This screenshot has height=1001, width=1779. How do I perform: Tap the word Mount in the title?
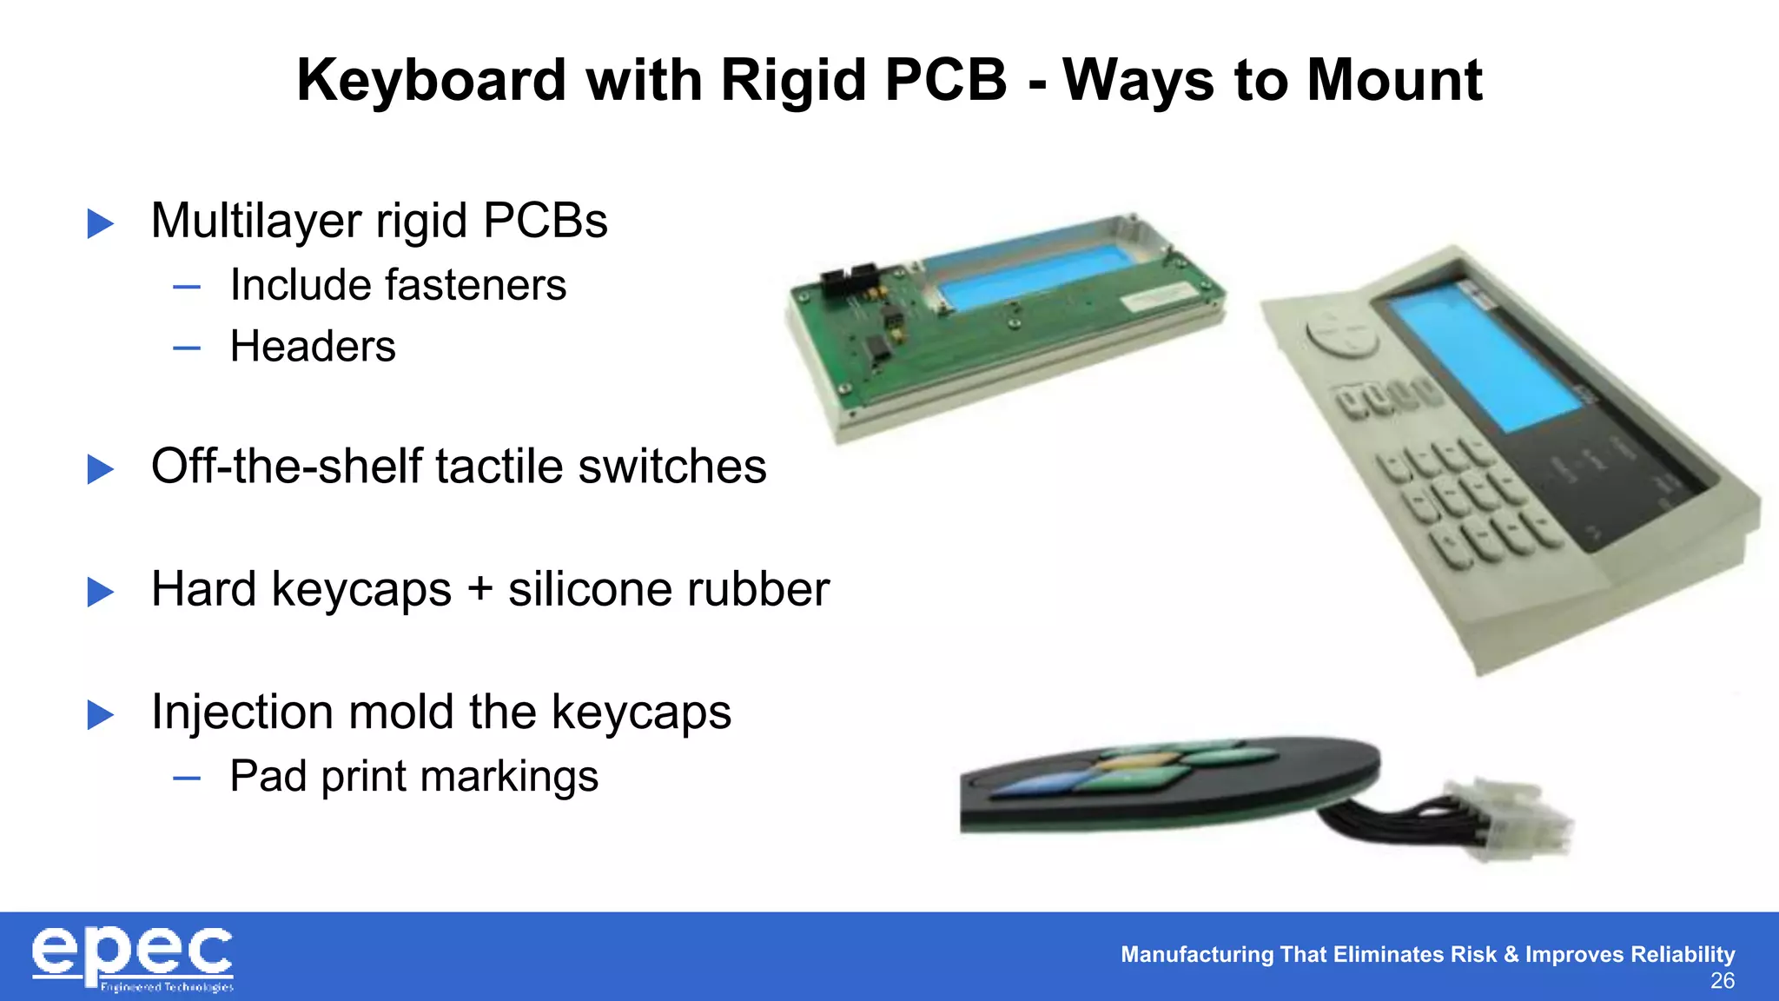[1394, 81]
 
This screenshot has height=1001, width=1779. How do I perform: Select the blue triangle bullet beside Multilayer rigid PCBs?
[101, 223]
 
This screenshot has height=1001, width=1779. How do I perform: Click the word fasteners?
[475, 285]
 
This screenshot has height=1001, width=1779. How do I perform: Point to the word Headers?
[313, 347]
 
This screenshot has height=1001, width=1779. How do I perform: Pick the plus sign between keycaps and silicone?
[479, 590]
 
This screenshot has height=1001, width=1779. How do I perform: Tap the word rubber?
[757, 590]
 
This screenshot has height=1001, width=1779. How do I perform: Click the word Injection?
[241, 713]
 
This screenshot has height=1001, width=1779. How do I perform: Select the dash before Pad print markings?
[187, 778]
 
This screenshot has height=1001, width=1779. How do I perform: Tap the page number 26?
[1722, 981]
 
